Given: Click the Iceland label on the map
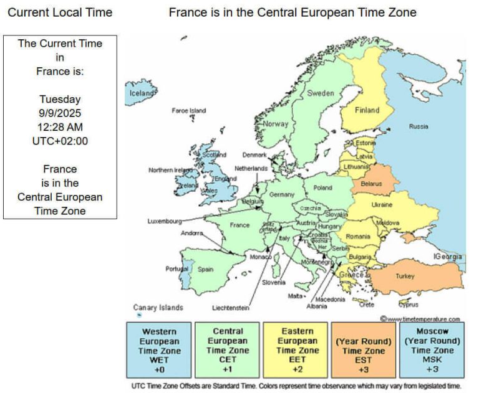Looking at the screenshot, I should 141,93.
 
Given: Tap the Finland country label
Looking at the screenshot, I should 367,110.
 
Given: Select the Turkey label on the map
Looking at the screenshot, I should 404,276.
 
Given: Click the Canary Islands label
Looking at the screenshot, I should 158,307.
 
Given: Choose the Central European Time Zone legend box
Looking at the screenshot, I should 228,350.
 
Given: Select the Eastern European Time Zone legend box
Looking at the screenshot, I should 296,350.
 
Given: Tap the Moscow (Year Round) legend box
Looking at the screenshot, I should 432,350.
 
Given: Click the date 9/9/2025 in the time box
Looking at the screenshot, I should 60,113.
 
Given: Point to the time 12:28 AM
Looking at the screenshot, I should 60,127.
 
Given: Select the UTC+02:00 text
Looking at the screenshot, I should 60,141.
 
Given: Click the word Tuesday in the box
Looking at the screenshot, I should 60,99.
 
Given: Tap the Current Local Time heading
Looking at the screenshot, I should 60,12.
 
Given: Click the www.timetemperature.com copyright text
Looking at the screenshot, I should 423,319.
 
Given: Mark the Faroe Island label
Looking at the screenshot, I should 188,111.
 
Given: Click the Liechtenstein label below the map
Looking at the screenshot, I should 230,308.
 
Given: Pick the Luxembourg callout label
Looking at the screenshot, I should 165,221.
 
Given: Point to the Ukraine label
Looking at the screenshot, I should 382,205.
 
